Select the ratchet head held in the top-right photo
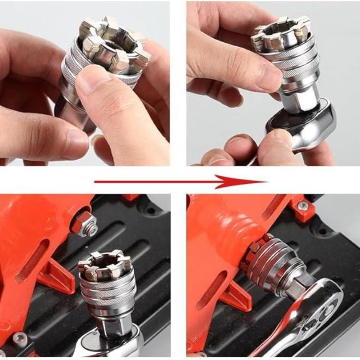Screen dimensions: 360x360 (306, 126)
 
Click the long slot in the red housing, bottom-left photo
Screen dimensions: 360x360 (31, 261)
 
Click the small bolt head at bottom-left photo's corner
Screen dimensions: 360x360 (18, 337)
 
